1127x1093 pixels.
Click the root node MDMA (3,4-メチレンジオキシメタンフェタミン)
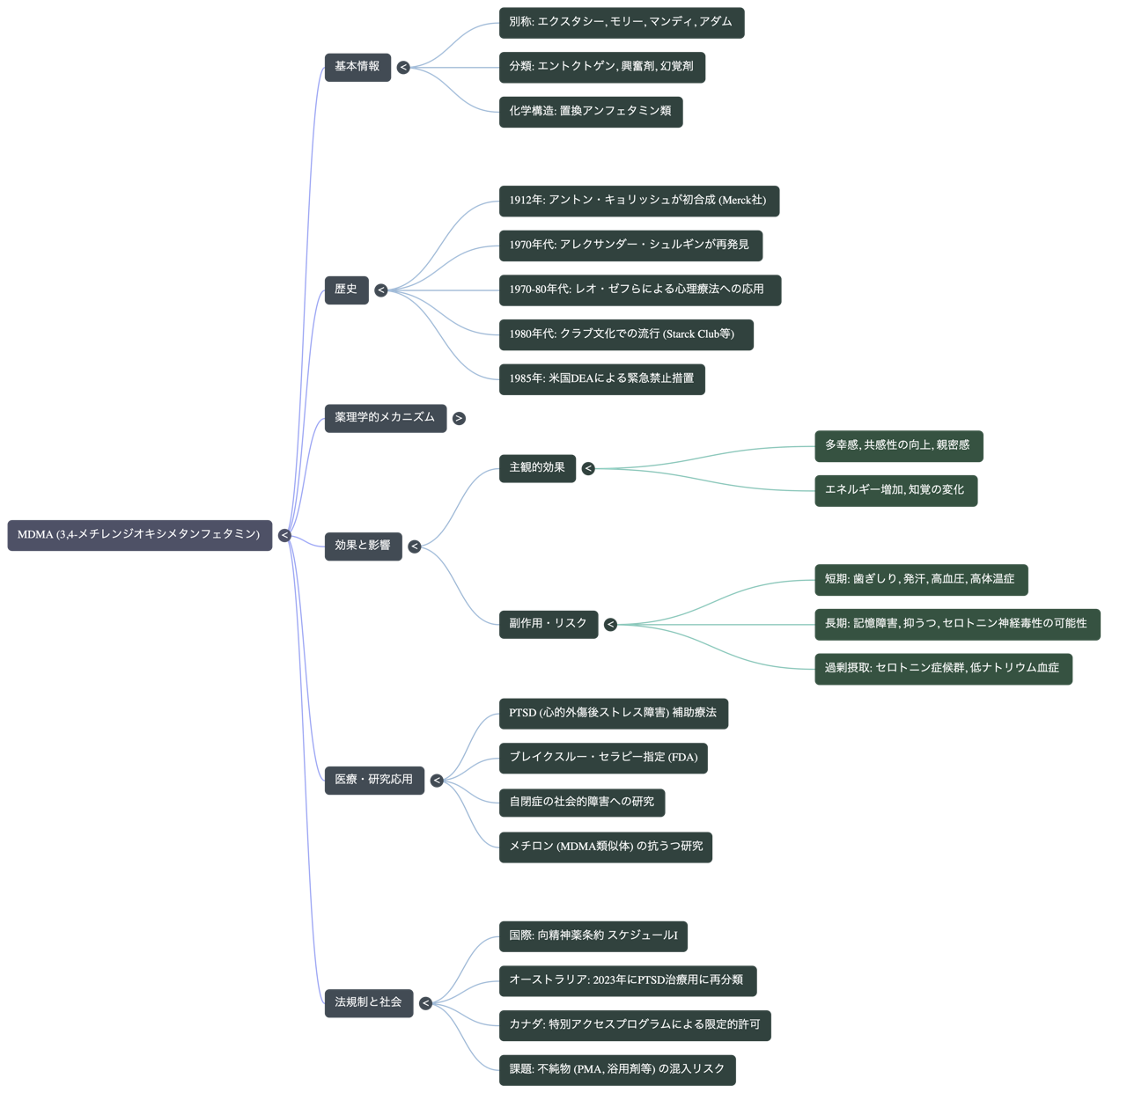click(x=139, y=535)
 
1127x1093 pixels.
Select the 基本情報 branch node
click(x=357, y=67)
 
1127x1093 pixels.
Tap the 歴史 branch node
click(x=346, y=290)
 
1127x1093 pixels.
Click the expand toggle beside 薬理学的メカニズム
click(x=459, y=418)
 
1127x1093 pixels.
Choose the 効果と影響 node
click(x=363, y=546)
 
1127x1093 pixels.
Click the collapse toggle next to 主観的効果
click(x=588, y=468)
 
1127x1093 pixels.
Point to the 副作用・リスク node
click(x=548, y=624)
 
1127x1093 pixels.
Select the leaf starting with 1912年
click(x=637, y=201)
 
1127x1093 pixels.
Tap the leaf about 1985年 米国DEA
click(x=601, y=379)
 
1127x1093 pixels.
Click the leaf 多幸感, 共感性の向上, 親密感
click(x=897, y=446)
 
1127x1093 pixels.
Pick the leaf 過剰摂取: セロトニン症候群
click(x=942, y=669)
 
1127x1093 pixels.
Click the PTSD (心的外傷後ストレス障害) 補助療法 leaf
click(x=613, y=714)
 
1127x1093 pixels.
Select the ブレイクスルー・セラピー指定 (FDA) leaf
click(x=603, y=758)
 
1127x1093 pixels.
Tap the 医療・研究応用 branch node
click(x=373, y=780)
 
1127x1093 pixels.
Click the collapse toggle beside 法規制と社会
click(x=425, y=1003)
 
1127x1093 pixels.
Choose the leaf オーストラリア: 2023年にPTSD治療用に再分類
click(x=626, y=980)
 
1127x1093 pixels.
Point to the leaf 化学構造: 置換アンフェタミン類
click(x=590, y=112)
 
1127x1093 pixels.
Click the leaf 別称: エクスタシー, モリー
click(x=621, y=22)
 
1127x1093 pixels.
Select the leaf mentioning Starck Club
click(x=625, y=334)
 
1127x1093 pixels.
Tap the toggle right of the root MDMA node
click(x=284, y=535)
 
